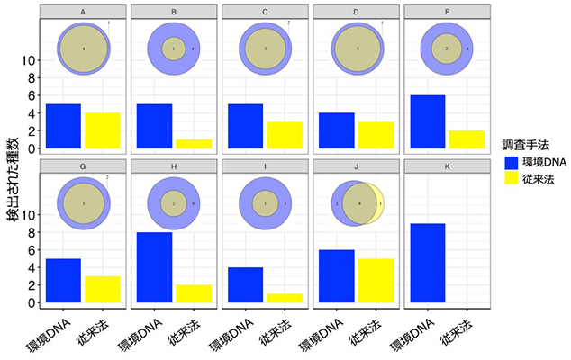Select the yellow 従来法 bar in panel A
pyautogui.click(x=102, y=130)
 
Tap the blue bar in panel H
pyautogui.click(x=153, y=267)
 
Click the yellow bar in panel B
pyautogui.click(x=193, y=144)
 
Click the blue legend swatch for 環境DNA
pyautogui.click(x=512, y=164)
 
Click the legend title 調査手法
pyautogui.click(x=526, y=143)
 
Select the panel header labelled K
pyautogui.click(x=443, y=166)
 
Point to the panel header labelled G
pyautogui.click(x=83, y=166)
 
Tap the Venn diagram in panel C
pyautogui.click(x=265, y=49)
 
